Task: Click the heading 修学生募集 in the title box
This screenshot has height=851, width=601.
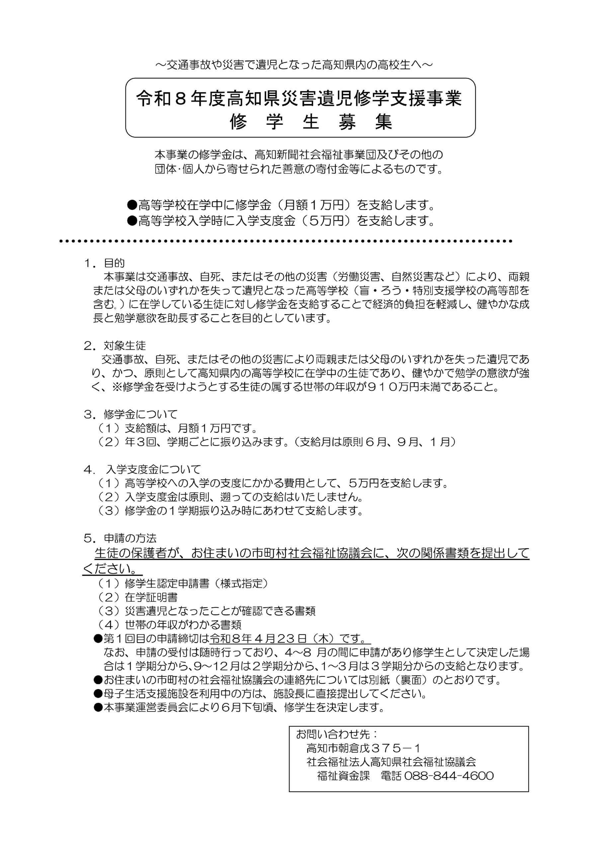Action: point(311,122)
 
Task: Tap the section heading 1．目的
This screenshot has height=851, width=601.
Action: point(104,263)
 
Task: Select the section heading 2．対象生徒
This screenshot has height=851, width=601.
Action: point(115,346)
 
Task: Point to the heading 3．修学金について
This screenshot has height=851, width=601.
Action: point(131,414)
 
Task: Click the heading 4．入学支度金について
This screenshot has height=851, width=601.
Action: point(142,470)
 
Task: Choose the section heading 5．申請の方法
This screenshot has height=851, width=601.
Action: point(120,538)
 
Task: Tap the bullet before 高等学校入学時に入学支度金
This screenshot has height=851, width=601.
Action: point(132,221)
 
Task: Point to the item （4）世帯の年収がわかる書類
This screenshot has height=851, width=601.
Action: point(170,625)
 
